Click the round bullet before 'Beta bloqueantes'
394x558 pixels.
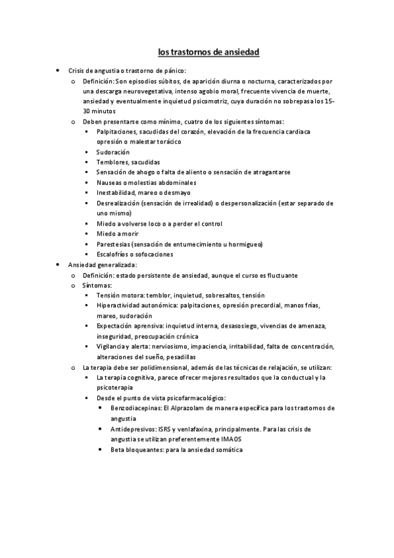coord(99,449)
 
